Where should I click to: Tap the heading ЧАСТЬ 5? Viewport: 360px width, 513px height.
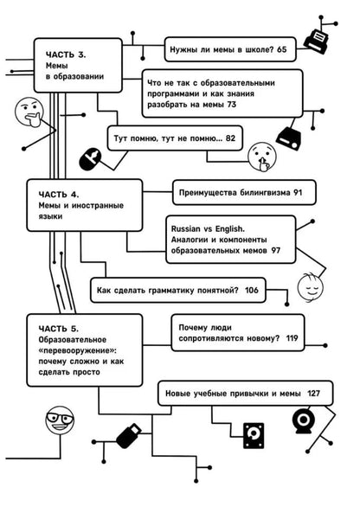point(59,329)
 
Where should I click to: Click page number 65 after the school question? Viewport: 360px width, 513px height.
point(282,51)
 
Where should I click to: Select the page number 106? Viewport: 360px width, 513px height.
point(251,291)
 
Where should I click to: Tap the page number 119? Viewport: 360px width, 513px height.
point(291,337)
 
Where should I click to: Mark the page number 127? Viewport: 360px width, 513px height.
point(313,394)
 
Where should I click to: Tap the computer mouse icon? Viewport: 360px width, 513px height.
point(88,158)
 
